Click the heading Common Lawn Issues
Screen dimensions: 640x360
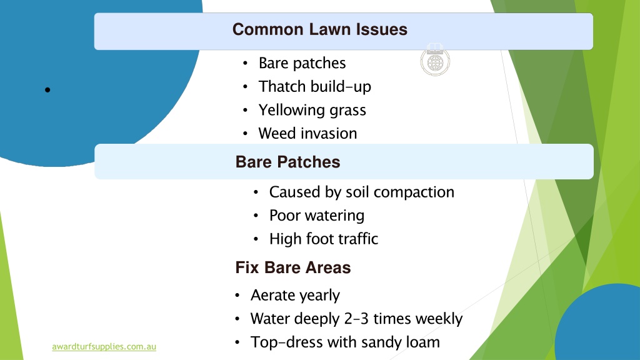pyautogui.click(x=319, y=29)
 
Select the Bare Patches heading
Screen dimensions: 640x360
pyautogui.click(x=287, y=162)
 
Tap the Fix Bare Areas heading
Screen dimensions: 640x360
pyautogui.click(x=292, y=267)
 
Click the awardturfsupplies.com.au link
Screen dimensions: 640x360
pyautogui.click(x=104, y=346)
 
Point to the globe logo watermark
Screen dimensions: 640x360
pyautogui.click(x=435, y=60)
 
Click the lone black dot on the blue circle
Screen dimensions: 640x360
pyautogui.click(x=47, y=90)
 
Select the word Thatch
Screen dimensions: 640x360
pyautogui.click(x=282, y=86)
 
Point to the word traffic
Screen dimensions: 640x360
pyautogui.click(x=361, y=239)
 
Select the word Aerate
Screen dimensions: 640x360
pyautogui.click(x=271, y=295)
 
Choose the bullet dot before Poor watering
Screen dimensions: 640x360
pyautogui.click(x=256, y=216)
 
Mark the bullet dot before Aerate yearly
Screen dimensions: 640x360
pyautogui.click(x=237, y=295)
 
